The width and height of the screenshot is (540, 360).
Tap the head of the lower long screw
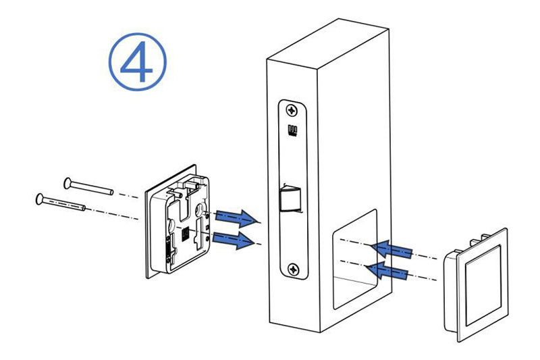click(x=40, y=198)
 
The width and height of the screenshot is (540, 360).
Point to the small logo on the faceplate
click(x=292, y=131)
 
